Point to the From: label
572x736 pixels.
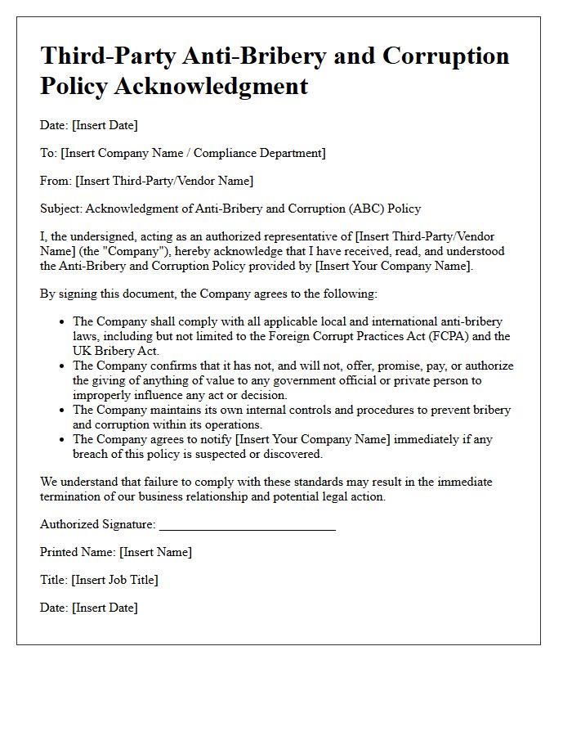pos(56,181)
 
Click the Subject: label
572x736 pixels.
pos(61,209)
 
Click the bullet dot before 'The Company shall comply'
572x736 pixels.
pos(62,322)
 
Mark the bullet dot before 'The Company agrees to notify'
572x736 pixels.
pos(62,440)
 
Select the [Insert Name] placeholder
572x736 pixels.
pos(155,552)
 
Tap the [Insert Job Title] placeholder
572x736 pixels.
pos(115,580)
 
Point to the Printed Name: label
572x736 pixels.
pos(78,552)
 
